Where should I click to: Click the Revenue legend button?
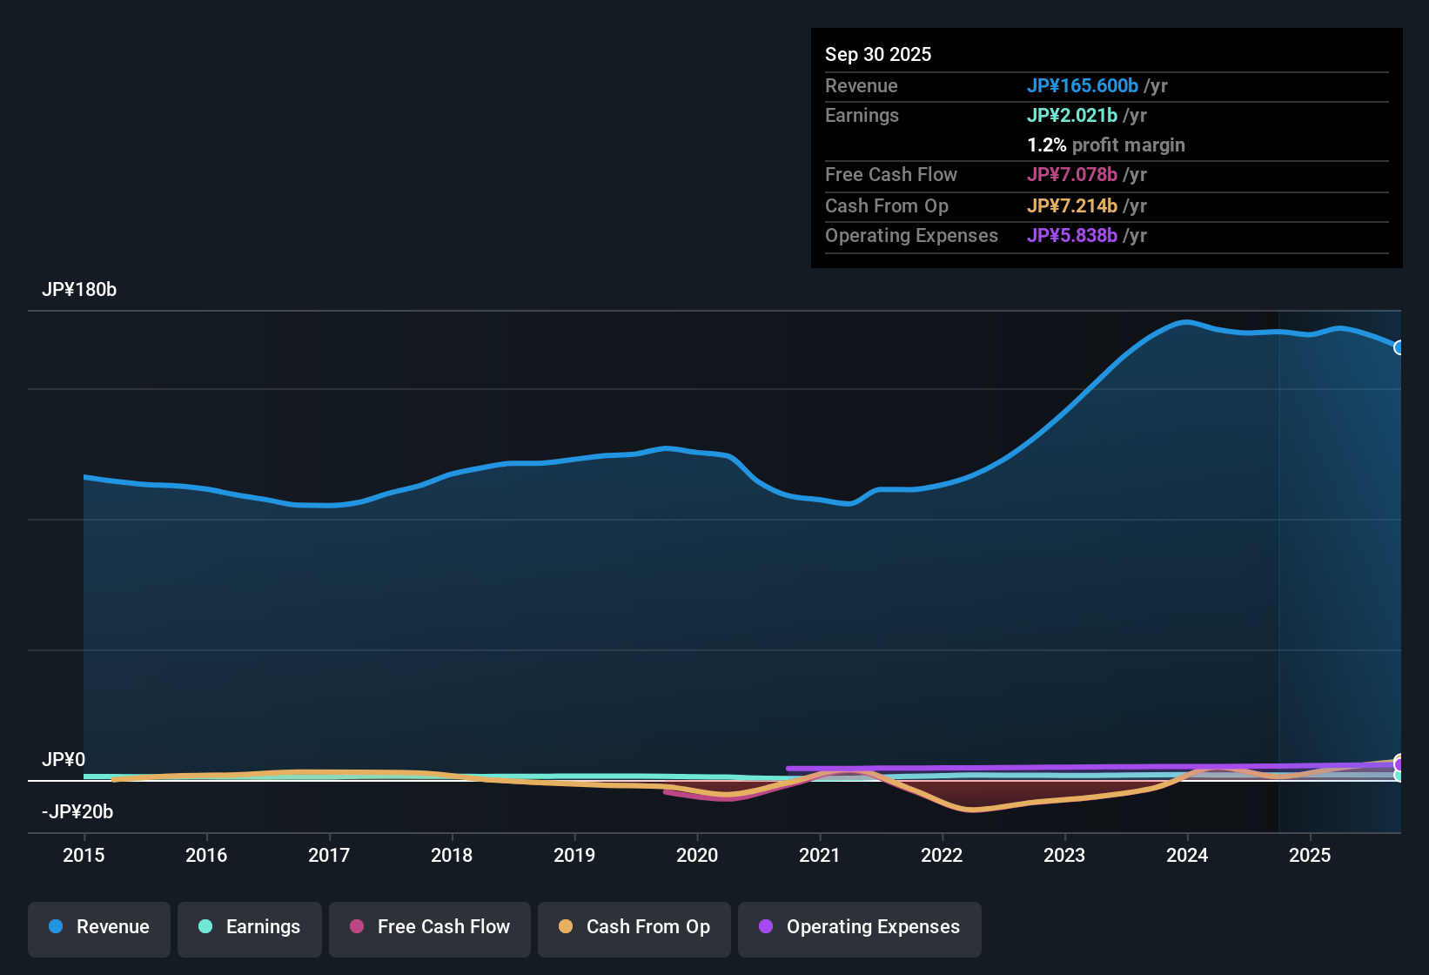99,927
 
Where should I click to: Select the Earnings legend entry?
250,927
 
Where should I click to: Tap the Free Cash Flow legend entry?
430,927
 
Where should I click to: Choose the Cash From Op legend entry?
634,927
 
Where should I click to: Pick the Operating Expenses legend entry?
860,927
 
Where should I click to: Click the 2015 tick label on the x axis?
84,855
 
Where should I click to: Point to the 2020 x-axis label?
697,855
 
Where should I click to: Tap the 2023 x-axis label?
1064,855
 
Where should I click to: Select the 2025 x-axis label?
1310,855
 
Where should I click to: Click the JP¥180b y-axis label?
79,290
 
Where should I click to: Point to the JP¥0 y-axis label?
64,759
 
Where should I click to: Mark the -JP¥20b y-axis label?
77,811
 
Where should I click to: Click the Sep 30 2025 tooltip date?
878,54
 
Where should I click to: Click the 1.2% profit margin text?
1105,145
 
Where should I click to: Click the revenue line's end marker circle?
1399,347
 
